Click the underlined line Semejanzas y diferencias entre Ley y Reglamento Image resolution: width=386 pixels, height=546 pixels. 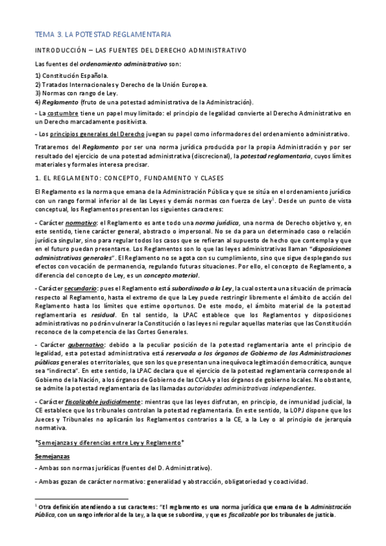[x=110, y=443]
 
